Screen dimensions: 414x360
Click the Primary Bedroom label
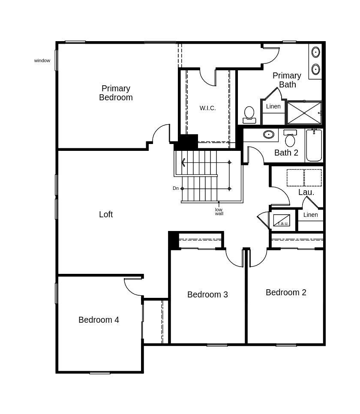(116, 93)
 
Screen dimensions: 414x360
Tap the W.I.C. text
(207, 108)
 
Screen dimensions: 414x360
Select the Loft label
(106, 214)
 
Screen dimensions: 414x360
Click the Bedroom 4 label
(99, 320)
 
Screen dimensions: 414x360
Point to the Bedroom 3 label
(207, 294)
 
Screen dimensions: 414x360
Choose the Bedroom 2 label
(286, 292)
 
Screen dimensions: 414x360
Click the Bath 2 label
(286, 153)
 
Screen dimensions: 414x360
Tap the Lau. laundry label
(306, 192)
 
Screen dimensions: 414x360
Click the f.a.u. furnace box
(282, 220)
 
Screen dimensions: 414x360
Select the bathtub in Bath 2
(314, 146)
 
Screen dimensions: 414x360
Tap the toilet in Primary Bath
(249, 114)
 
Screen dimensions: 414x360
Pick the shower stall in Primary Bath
(304, 113)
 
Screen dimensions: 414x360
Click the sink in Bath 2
(269, 135)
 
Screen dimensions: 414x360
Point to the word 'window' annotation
(42, 60)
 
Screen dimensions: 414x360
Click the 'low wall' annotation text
(219, 212)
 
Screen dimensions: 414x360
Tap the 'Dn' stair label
(176, 188)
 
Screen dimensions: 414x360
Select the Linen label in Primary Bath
(273, 106)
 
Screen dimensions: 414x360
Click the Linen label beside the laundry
(310, 215)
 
